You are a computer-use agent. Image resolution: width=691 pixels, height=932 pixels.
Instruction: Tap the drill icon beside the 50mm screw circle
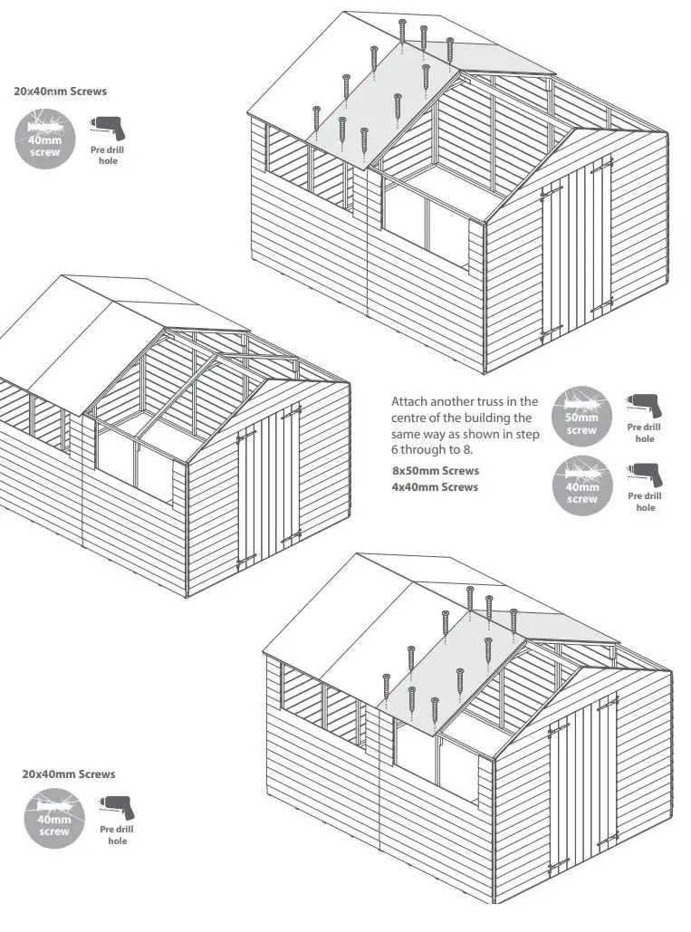point(644,405)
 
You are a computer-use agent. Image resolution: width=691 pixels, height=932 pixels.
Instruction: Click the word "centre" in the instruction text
point(409,418)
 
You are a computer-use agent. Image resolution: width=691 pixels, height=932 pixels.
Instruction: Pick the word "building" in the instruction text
point(483,418)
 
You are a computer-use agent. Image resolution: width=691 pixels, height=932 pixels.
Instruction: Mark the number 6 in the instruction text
point(395,452)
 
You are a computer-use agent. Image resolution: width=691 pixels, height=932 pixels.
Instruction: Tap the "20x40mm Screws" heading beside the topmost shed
point(60,91)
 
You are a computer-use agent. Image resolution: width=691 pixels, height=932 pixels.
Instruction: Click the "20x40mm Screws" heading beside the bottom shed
point(69,774)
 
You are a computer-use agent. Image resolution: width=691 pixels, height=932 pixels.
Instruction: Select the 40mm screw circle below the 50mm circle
point(581,487)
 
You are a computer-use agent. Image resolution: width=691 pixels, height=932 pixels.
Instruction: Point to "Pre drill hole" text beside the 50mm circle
point(645,433)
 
